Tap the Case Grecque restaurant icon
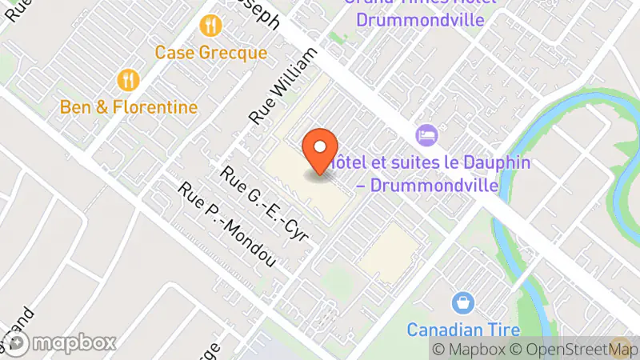(210, 26)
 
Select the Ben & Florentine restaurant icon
(128, 79)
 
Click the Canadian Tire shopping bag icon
(462, 303)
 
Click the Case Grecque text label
(210, 53)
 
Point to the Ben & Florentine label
(129, 106)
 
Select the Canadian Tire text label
(462, 330)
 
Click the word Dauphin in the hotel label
(491, 162)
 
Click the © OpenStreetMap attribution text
(570, 349)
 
